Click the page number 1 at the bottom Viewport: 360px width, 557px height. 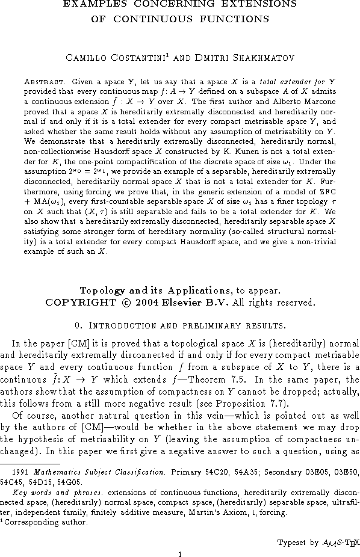(180, 554)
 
